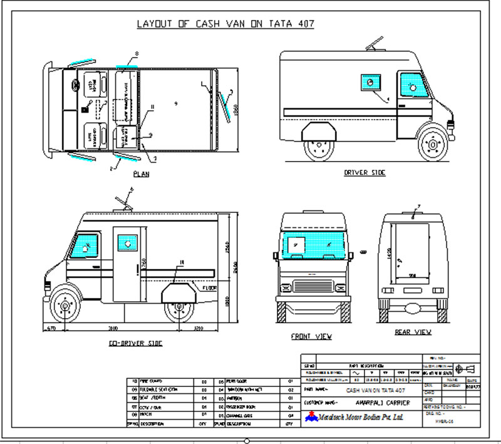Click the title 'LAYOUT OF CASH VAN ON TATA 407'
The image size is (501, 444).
click(x=225, y=24)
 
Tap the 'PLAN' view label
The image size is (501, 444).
click(x=141, y=173)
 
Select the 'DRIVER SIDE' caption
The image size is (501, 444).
click(x=365, y=172)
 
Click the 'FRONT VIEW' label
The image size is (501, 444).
click(x=311, y=336)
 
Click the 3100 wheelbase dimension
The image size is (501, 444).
click(x=113, y=328)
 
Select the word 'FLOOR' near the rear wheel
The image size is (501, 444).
click(x=210, y=289)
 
